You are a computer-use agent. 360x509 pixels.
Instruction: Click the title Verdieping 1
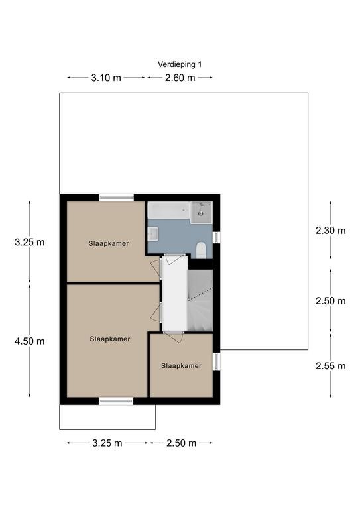pyautogui.click(x=180, y=64)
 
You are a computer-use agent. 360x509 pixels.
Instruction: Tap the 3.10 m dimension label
pyautogui.click(x=106, y=78)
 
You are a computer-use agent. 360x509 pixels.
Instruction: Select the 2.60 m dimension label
pyautogui.click(x=180, y=78)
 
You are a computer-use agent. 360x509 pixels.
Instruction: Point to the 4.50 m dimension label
pyautogui.click(x=30, y=341)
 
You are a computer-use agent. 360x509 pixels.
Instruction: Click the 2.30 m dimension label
pyautogui.click(x=330, y=231)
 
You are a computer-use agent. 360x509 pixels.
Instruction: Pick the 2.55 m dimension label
pyautogui.click(x=330, y=366)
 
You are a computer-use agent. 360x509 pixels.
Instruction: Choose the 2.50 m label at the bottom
pyautogui.click(x=181, y=443)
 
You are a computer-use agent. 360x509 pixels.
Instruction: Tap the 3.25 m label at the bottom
pyautogui.click(x=107, y=443)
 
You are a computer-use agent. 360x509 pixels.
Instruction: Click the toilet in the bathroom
pyautogui.click(x=202, y=251)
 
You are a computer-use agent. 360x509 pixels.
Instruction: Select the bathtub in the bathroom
pyautogui.click(x=168, y=210)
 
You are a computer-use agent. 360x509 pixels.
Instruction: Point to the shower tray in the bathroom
pyautogui.click(x=202, y=212)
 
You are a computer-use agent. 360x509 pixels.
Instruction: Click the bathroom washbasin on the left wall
pyautogui.click(x=153, y=234)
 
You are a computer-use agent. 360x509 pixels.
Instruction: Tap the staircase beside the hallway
pyautogui.click(x=200, y=301)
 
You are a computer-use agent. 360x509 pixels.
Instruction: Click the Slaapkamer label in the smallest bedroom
pyautogui.click(x=182, y=366)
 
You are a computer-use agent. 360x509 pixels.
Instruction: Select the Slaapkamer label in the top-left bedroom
pyautogui.click(x=109, y=243)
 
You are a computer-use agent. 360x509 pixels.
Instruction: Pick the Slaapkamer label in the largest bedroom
pyautogui.click(x=110, y=339)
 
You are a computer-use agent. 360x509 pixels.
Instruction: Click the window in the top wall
pyautogui.click(x=116, y=198)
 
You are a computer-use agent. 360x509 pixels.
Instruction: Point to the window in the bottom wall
pyautogui.click(x=116, y=401)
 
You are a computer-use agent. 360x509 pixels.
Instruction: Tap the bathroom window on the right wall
pyautogui.click(x=217, y=237)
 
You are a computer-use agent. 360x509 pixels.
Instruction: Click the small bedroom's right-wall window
pyautogui.click(x=217, y=362)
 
